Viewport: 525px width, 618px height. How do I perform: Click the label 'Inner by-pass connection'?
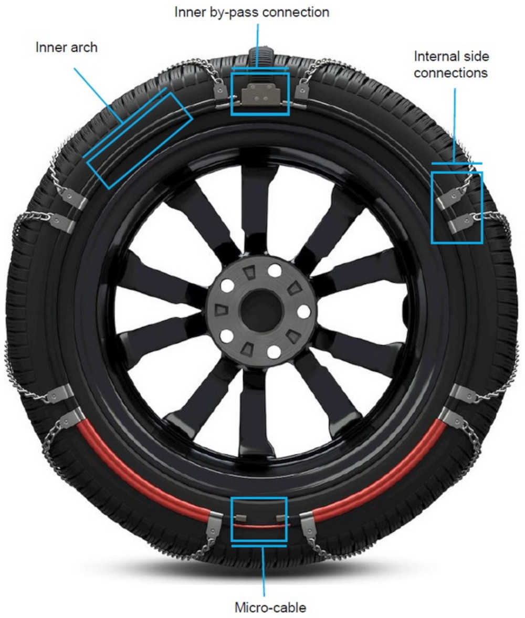(252, 12)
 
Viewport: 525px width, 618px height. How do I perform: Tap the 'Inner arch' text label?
(66, 47)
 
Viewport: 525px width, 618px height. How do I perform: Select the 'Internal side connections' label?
(450, 65)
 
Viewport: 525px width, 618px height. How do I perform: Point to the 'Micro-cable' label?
(270, 608)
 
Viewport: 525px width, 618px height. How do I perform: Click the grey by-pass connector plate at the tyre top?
(258, 93)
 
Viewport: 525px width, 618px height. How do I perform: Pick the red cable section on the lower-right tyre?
(388, 473)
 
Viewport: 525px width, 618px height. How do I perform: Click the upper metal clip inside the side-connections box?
(449, 197)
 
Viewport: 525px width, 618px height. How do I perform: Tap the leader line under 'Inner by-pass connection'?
(257, 45)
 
